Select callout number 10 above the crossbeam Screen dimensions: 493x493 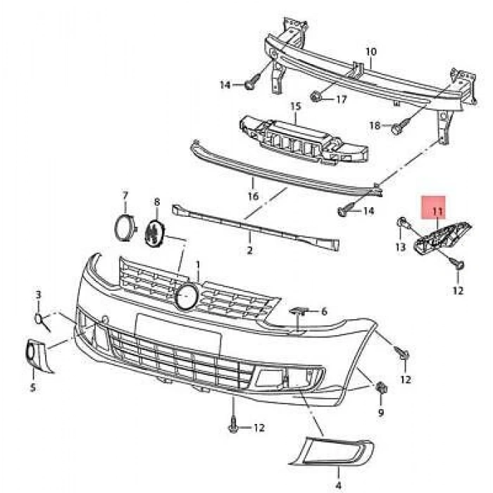[x=371, y=51]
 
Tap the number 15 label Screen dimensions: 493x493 [x=296, y=106]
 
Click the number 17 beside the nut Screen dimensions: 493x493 [x=341, y=100]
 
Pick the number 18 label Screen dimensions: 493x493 [x=375, y=125]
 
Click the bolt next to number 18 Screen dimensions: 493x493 [x=398, y=127]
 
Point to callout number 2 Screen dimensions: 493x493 [x=249, y=249]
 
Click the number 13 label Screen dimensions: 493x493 [x=400, y=246]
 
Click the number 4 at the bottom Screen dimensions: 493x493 [x=338, y=466]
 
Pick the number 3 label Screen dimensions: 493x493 [x=39, y=294]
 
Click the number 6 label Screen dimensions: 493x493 [x=324, y=311]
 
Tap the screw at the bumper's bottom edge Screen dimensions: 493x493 [x=233, y=425]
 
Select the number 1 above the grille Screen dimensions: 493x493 [x=199, y=266]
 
